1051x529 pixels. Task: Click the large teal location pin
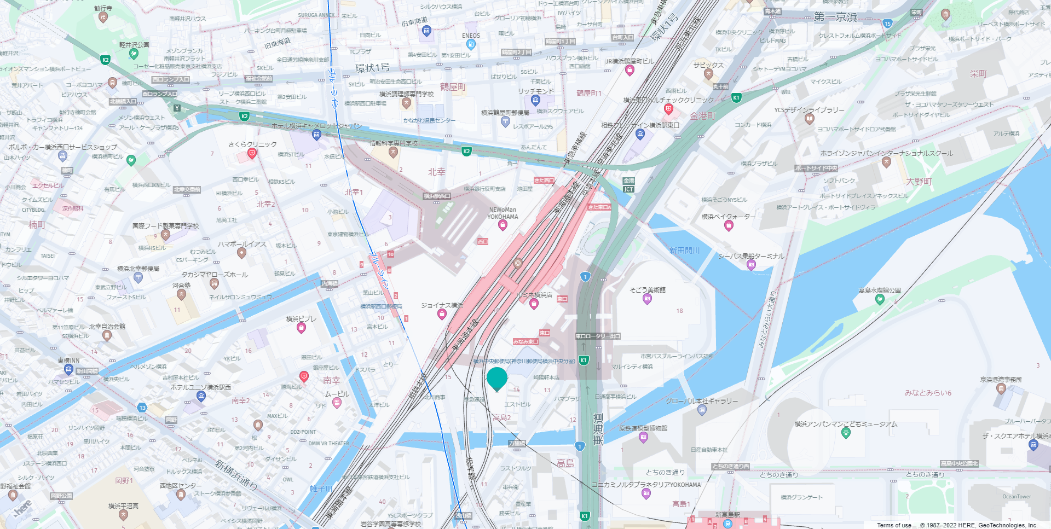tap(497, 379)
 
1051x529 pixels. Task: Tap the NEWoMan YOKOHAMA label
tap(503, 213)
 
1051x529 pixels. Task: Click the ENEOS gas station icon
tap(470, 44)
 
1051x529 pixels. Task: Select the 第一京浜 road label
tap(835, 17)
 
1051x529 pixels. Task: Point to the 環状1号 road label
tap(372, 68)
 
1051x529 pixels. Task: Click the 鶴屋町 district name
tap(453, 87)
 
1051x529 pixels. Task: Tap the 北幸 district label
tap(436, 172)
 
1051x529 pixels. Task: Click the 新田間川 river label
tap(684, 251)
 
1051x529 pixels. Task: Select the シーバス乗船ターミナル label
tap(751, 256)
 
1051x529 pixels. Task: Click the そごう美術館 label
tap(647, 290)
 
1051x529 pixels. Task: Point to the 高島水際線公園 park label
tap(879, 290)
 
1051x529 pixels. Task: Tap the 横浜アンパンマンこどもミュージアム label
tap(846, 424)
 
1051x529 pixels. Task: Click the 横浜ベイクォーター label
tap(728, 217)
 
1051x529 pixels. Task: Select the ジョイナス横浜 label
tap(442, 305)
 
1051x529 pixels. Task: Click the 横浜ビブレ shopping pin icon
tap(301, 328)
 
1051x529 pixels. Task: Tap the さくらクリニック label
tap(252, 144)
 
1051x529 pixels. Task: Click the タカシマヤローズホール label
tap(215, 275)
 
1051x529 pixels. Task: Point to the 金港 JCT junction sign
tap(628, 185)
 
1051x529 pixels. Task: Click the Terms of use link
tap(894, 525)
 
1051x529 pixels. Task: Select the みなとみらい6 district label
tap(928, 393)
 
